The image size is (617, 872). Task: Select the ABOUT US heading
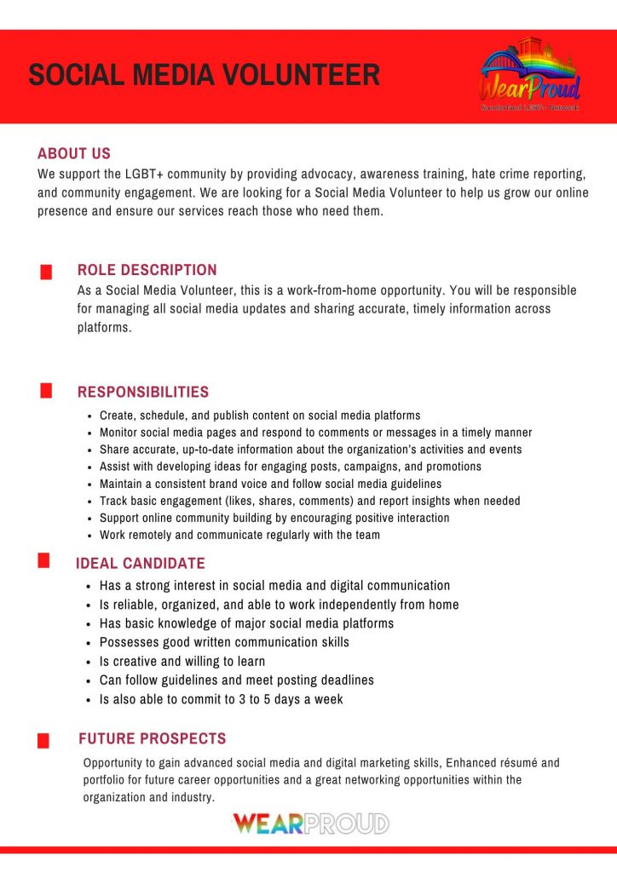pos(74,154)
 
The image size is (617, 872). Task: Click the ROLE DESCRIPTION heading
pos(147,270)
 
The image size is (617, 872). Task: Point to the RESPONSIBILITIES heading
pos(142,392)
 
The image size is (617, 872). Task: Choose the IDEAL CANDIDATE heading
pos(140,564)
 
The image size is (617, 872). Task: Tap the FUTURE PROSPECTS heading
pos(152,738)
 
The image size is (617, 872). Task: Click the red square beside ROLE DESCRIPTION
pos(46,272)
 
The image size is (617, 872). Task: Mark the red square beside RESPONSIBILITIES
pos(46,391)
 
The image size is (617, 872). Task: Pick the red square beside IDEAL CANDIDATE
pos(43,560)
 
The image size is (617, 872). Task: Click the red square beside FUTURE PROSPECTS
pos(43,742)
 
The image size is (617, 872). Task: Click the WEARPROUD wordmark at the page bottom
pos(310,823)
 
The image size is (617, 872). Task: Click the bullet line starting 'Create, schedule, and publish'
pos(259,416)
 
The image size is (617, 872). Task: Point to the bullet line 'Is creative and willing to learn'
pos(182,661)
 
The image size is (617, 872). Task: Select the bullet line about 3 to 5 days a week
pos(221,699)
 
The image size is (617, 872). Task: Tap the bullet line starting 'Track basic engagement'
pos(309,501)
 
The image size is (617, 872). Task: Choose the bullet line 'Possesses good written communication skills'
pos(223,642)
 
